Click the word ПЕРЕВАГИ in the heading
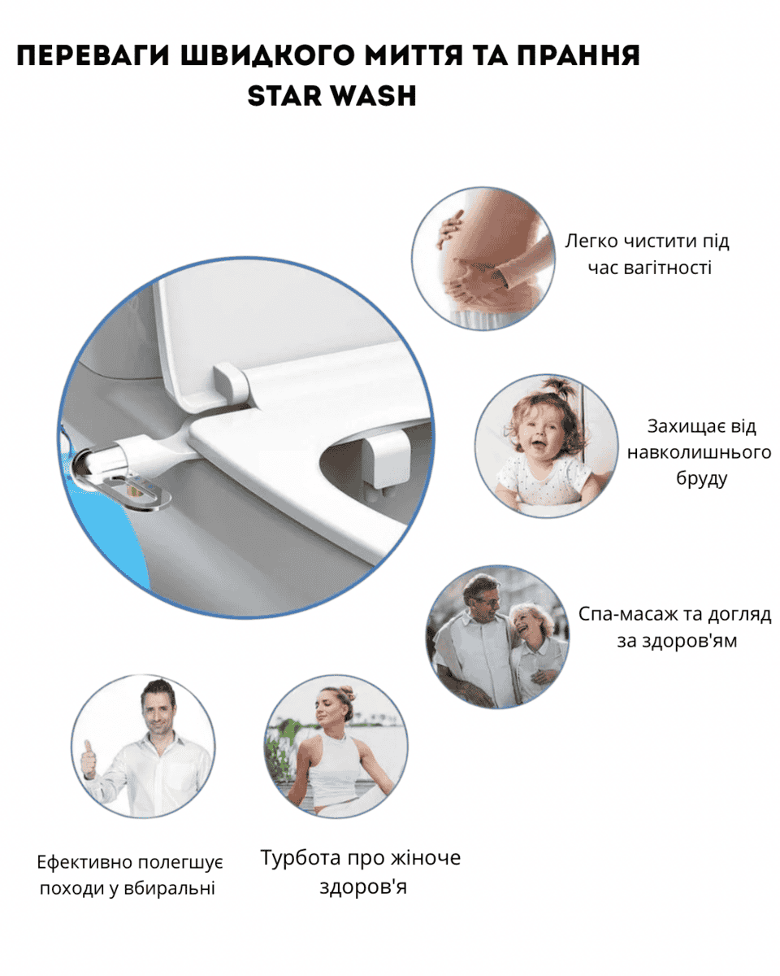pyautogui.click(x=93, y=55)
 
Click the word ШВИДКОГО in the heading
pyautogui.click(x=267, y=55)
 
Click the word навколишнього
pyautogui.click(x=700, y=452)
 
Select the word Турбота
pyautogui.click(x=301, y=857)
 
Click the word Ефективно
pyautogui.click(x=84, y=862)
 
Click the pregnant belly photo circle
pyautogui.click(x=483, y=258)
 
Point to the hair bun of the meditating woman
pyautogui.click(x=347, y=693)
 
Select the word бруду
pyautogui.click(x=701, y=479)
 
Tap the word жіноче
pyautogui.click(x=425, y=857)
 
